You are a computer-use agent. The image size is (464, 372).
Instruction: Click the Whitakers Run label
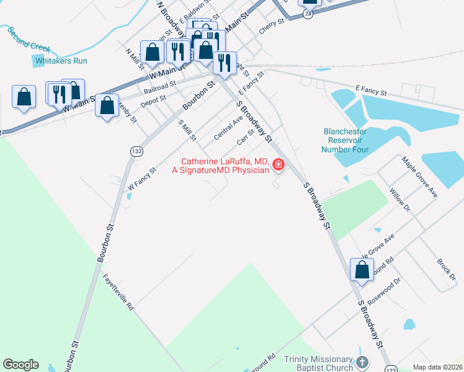[x=61, y=61]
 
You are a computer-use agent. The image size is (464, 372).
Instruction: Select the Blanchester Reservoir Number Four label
[x=345, y=140]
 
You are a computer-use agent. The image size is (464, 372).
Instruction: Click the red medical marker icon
[x=278, y=165]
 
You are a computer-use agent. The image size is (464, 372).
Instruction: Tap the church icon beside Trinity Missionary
[x=363, y=361]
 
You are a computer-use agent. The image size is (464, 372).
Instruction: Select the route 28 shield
[x=308, y=13]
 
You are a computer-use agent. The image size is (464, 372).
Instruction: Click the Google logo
[x=20, y=365]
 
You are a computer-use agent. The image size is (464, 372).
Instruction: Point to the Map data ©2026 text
[x=437, y=367]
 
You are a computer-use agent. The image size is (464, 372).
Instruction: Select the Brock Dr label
[x=447, y=268]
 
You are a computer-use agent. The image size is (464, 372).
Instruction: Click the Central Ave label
[x=228, y=128]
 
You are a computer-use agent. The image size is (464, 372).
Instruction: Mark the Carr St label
[x=246, y=136]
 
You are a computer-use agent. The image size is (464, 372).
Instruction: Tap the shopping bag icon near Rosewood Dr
[x=362, y=270]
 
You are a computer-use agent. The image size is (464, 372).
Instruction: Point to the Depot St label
[x=153, y=101]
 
